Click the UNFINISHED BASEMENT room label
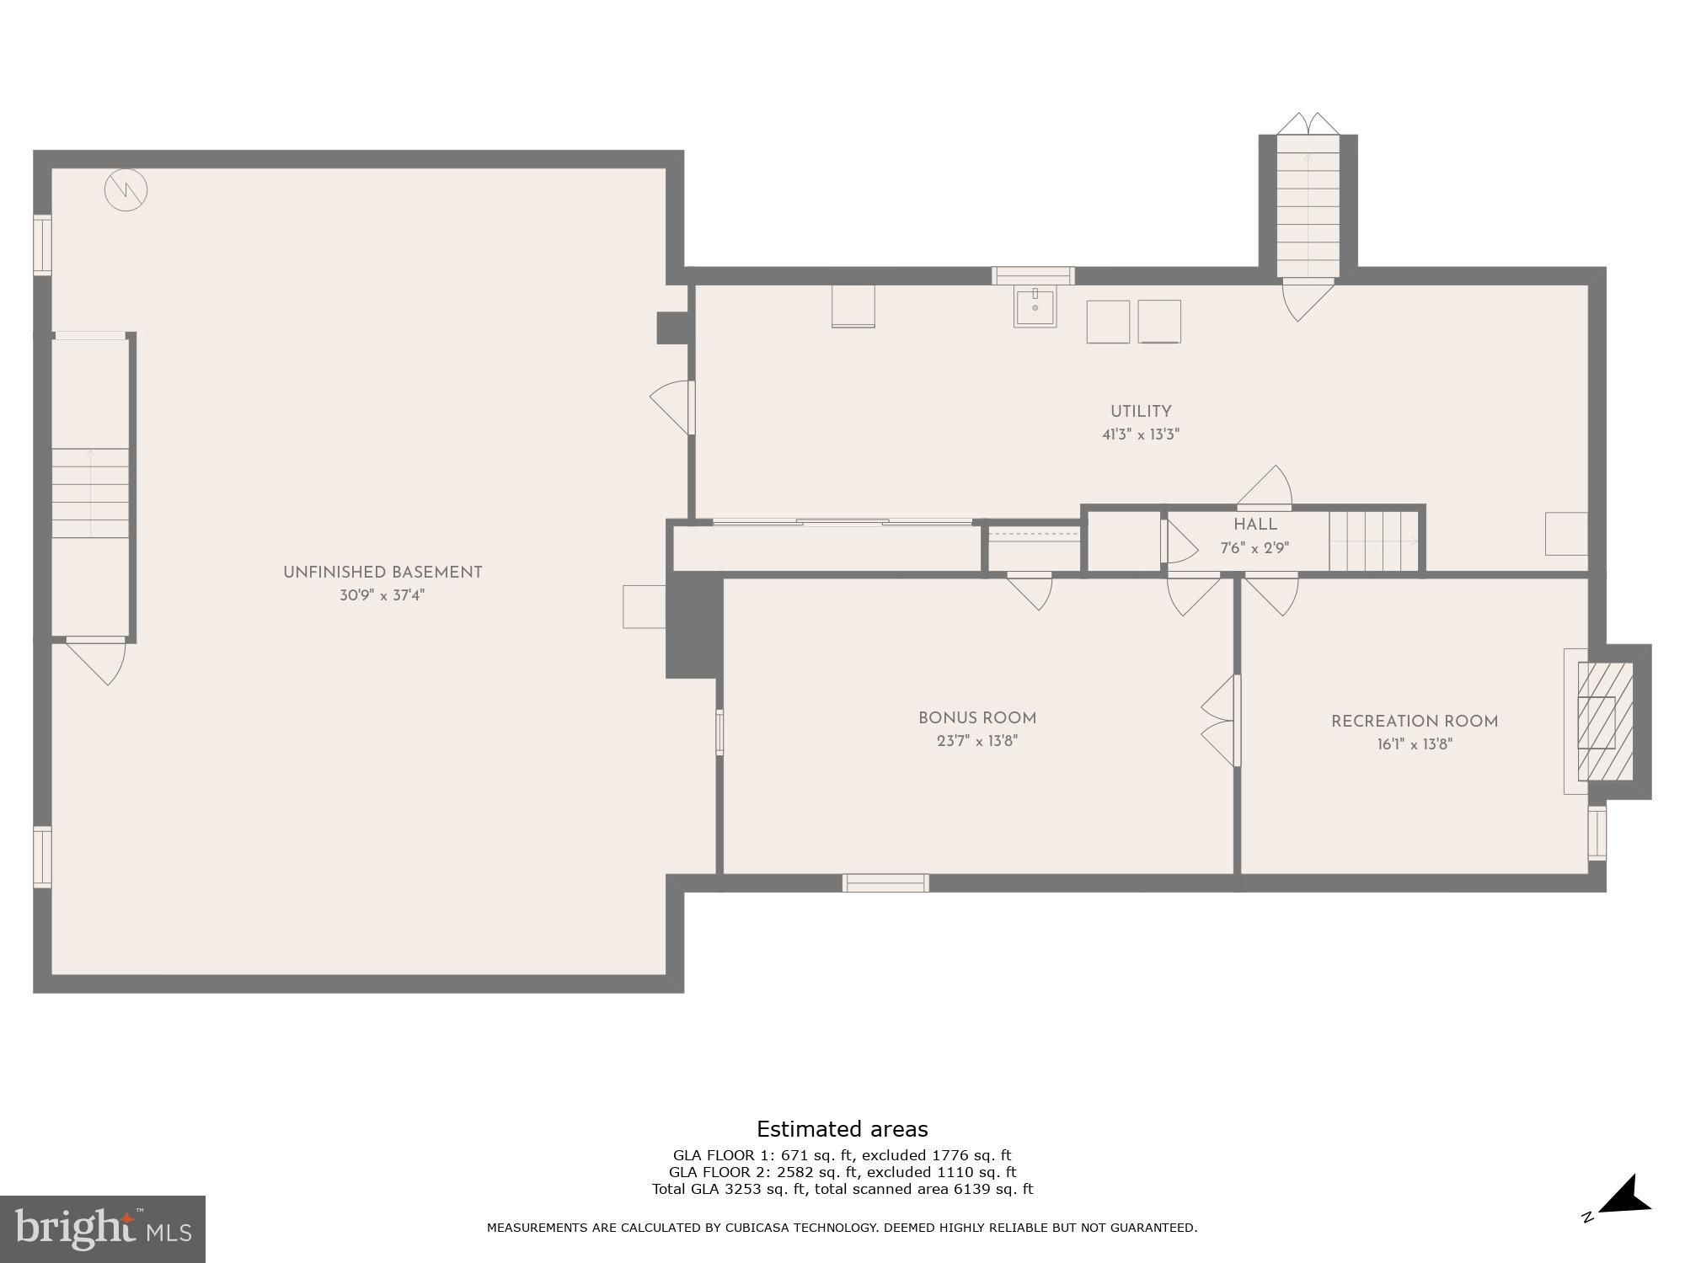tap(382, 573)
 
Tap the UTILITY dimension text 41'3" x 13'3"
tap(1141, 435)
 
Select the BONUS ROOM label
tap(977, 718)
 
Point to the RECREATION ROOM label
tap(1415, 722)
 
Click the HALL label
tap(1255, 525)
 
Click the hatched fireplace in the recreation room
tap(1604, 722)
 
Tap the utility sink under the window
tap(1035, 307)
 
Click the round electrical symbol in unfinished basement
tap(126, 190)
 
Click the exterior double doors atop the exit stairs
tap(1308, 124)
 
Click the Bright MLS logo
tap(103, 1228)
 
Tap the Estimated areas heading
tap(842, 1129)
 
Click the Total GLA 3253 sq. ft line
tap(842, 1189)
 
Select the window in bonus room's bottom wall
tap(885, 882)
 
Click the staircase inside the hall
tap(1373, 541)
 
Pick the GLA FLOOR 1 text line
tap(842, 1155)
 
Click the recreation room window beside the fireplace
tap(1597, 834)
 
